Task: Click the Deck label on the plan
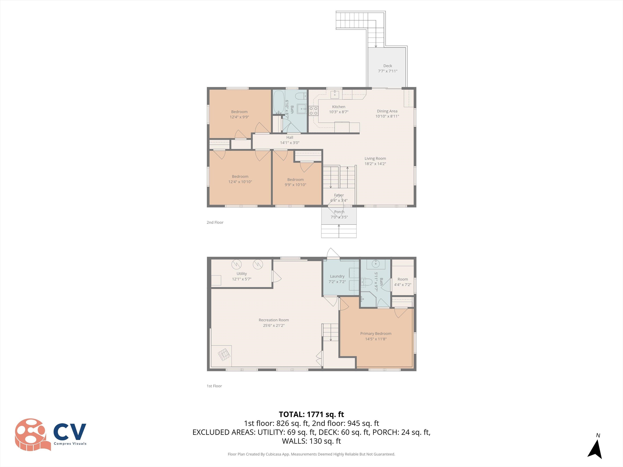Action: (388, 66)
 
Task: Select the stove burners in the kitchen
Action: (314, 111)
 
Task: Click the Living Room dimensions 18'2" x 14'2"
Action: (375, 164)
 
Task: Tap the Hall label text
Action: (290, 137)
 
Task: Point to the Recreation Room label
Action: (274, 320)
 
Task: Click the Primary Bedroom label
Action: (376, 334)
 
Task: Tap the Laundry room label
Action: (337, 276)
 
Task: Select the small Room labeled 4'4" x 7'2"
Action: (403, 282)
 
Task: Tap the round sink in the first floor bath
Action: (376, 264)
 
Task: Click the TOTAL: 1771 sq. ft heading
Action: (311, 414)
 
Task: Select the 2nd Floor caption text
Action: (215, 222)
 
